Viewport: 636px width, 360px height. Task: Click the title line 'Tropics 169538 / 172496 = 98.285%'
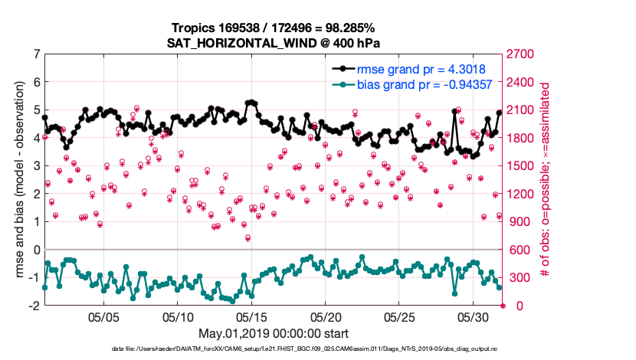(274, 27)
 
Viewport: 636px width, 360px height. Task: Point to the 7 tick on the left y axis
(37, 54)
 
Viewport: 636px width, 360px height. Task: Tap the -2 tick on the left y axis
(34, 306)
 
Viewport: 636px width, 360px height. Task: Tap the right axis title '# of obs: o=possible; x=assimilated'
(546, 180)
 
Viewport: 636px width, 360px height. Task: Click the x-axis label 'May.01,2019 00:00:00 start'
(274, 334)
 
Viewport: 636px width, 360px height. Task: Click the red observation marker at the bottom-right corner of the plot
(503, 306)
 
